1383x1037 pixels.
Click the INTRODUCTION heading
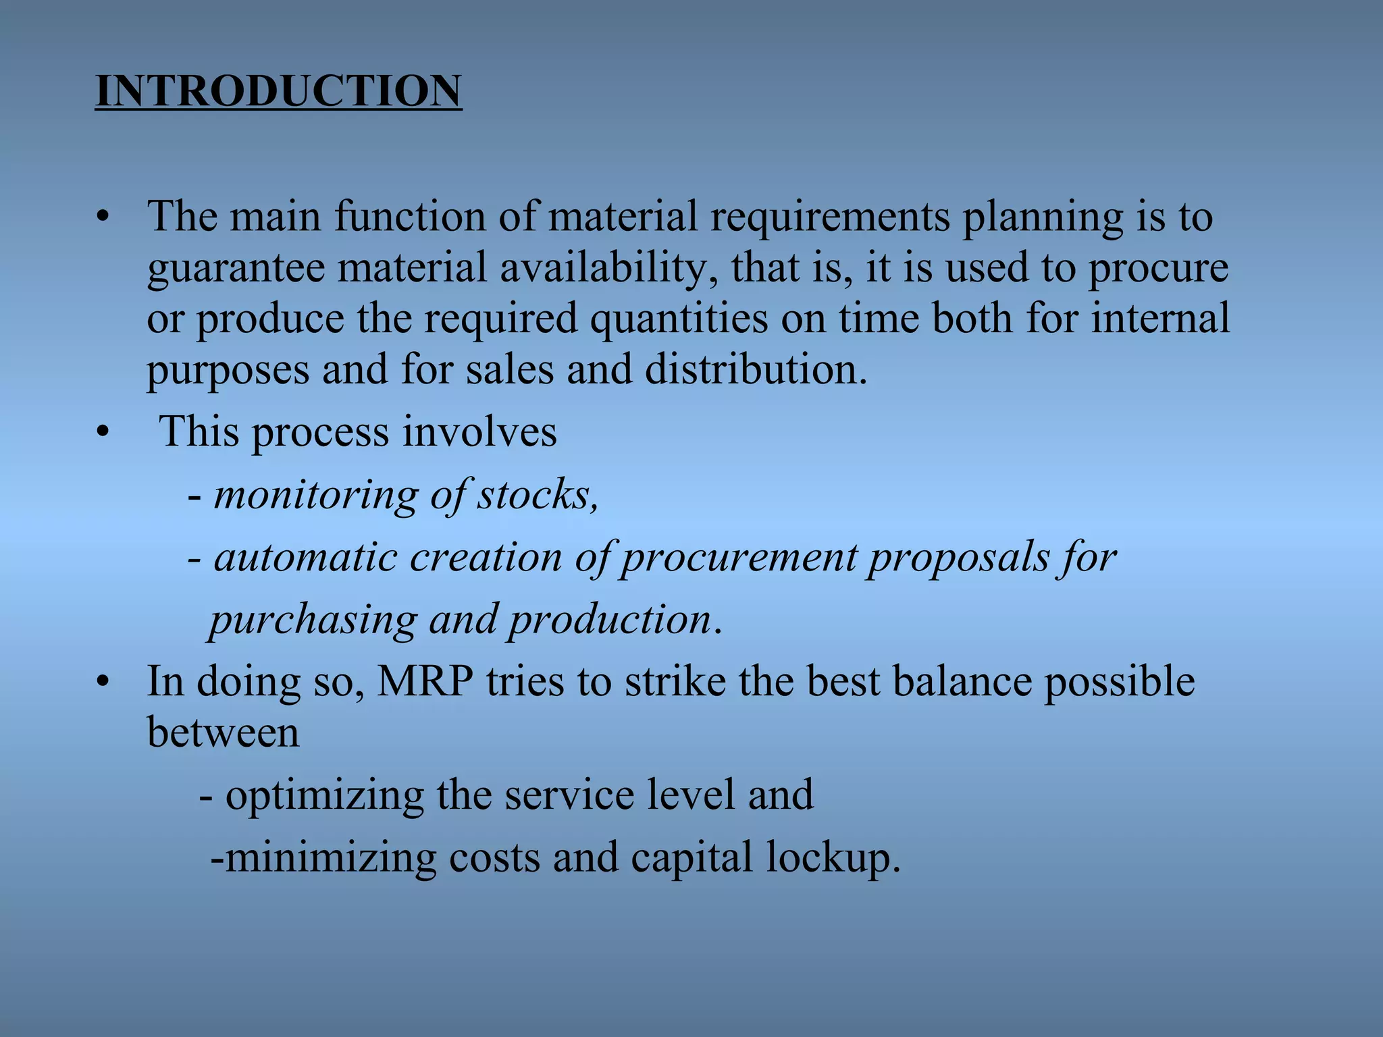(278, 91)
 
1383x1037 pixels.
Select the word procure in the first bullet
(1157, 268)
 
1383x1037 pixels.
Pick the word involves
(479, 432)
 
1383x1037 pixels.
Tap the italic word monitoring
(315, 496)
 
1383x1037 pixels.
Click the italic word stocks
(537, 496)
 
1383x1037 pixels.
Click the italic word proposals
(958, 558)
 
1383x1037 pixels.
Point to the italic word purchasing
(313, 620)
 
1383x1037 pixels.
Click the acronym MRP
(425, 682)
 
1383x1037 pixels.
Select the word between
(223, 733)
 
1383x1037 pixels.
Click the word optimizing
(324, 795)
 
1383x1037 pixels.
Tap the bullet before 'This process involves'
(102, 432)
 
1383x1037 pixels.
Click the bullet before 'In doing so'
(102, 682)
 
